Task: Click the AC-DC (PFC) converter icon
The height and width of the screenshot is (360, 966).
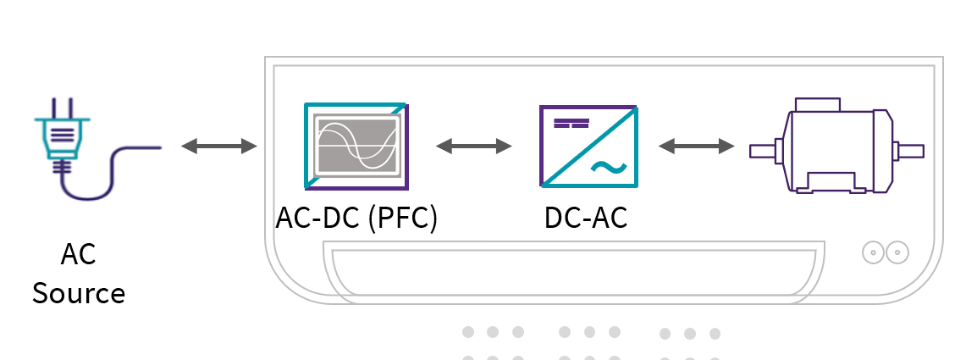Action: pos(356,146)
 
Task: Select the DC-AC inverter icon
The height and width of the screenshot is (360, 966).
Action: pos(588,146)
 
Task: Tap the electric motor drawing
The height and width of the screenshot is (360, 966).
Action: pos(835,147)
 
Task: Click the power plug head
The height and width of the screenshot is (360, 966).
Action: pos(57,136)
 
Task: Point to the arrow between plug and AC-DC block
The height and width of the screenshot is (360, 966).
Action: pos(219,147)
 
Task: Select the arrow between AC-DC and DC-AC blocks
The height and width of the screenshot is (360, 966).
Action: pos(474,147)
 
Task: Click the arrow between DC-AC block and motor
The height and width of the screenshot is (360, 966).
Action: pos(697,147)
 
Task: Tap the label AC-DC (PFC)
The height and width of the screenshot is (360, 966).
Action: pos(356,218)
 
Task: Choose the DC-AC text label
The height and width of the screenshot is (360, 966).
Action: pos(586,218)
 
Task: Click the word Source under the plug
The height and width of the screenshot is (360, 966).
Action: pos(79,293)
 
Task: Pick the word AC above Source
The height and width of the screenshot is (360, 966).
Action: pos(78,254)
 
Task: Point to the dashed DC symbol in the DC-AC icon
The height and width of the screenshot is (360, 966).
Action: pos(571,124)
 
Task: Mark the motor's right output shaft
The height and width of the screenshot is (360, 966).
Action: pos(909,151)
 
